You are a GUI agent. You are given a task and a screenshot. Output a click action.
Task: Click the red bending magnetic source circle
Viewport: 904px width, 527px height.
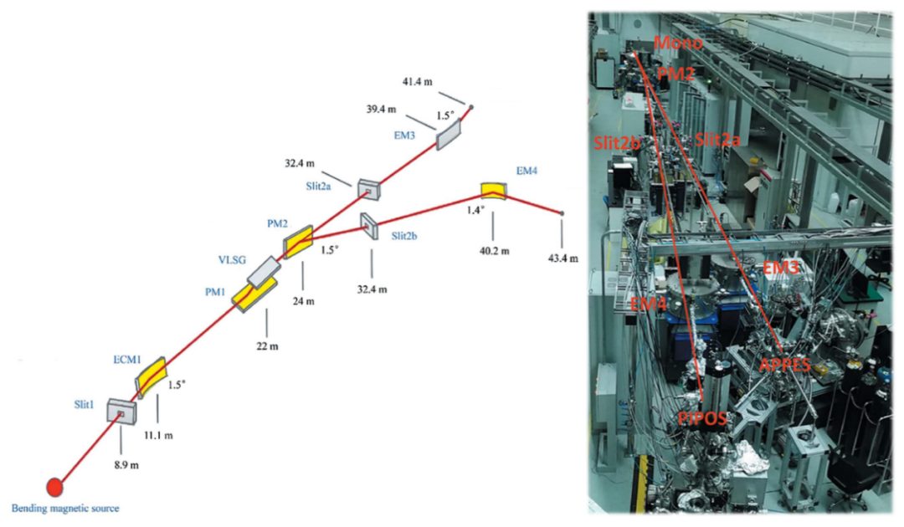(54, 487)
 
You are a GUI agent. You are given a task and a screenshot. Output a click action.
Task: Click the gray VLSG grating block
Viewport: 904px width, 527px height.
(265, 271)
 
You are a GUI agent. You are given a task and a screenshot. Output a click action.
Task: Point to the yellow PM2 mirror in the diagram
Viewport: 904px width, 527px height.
(298, 242)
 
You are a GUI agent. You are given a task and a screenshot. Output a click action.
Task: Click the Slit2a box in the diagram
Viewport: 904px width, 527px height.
(368, 190)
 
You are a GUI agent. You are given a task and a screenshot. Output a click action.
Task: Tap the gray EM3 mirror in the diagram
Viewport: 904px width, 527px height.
(448, 132)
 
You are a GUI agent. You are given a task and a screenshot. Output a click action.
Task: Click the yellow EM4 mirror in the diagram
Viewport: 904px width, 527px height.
(494, 191)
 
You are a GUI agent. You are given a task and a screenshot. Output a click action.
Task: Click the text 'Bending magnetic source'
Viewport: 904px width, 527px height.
(65, 509)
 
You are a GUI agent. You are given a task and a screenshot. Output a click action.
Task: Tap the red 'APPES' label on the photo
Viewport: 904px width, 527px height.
(783, 365)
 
